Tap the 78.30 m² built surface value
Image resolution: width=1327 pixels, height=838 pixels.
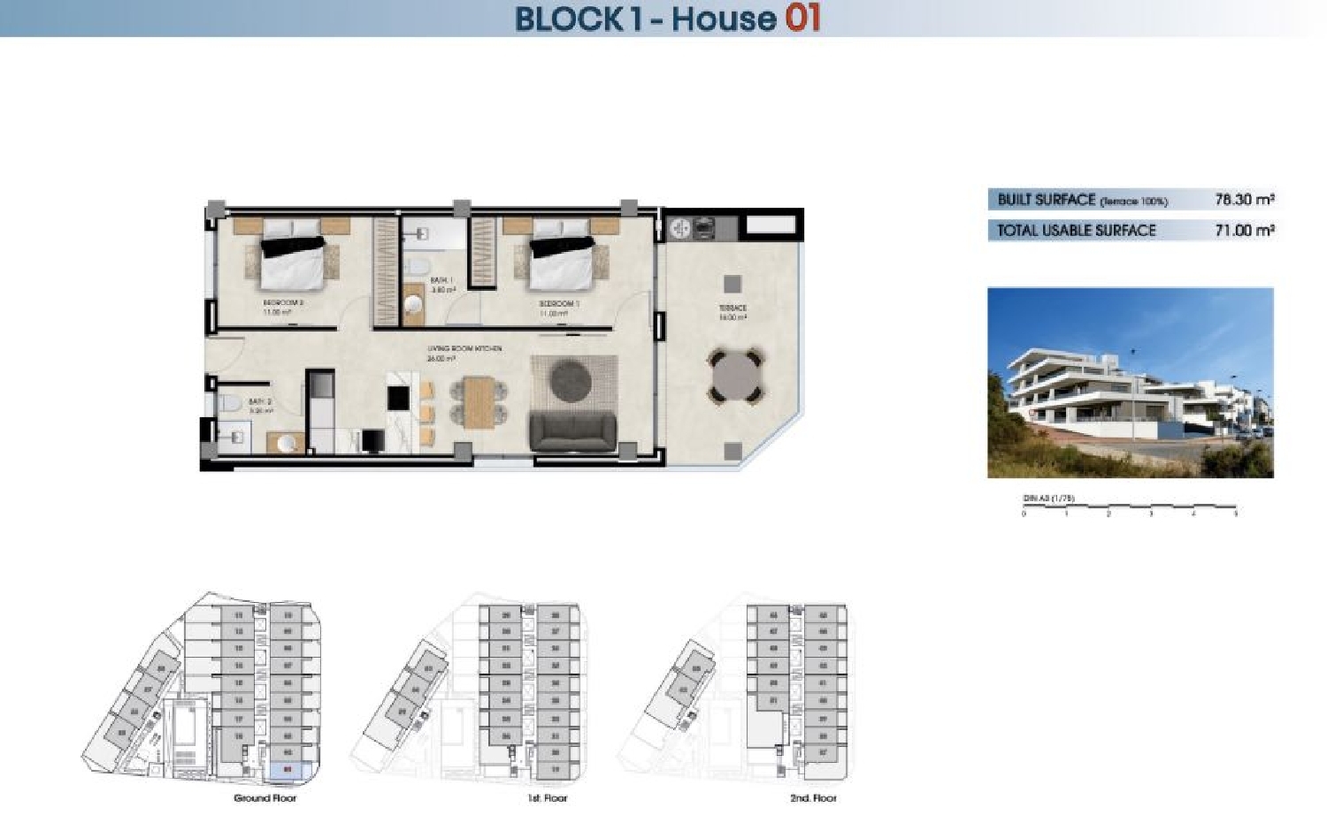coord(1244,200)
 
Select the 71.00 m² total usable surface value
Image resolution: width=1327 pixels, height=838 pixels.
coord(1244,231)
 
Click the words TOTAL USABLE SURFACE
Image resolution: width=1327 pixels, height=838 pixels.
coord(1076,231)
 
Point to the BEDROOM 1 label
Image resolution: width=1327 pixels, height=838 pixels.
coord(559,304)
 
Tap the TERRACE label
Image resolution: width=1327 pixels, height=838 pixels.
coord(733,309)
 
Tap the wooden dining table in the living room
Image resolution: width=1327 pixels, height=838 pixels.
coord(478,402)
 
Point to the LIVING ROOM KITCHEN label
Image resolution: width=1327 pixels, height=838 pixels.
coord(464,349)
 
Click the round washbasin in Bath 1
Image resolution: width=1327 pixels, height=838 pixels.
coord(413,304)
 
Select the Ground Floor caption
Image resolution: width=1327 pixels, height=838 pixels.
coord(265,798)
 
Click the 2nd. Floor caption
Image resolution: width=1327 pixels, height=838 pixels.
coord(813,798)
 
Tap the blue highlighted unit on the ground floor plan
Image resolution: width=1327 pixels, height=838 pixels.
coord(288,770)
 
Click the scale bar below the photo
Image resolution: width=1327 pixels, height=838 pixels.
coord(1130,508)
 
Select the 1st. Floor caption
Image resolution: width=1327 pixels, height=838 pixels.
coord(547,798)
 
